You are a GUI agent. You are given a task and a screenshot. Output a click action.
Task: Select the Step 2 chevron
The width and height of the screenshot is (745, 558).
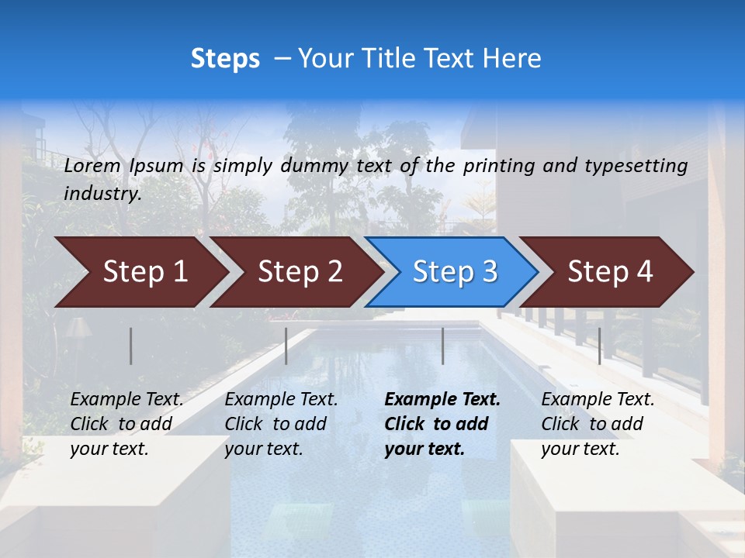(x=299, y=272)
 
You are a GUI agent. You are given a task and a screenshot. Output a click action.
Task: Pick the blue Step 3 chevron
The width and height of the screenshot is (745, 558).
(x=454, y=272)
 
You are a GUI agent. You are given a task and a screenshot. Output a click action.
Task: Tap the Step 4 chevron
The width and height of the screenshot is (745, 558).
(x=609, y=272)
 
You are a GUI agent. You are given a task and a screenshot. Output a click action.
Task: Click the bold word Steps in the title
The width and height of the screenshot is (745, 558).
(x=225, y=59)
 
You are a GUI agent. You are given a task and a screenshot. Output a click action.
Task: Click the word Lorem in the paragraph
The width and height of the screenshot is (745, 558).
(x=92, y=165)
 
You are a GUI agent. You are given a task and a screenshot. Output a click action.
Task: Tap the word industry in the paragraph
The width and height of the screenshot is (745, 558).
(x=102, y=194)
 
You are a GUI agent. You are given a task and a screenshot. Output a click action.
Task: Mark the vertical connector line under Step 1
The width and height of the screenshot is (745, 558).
(x=131, y=346)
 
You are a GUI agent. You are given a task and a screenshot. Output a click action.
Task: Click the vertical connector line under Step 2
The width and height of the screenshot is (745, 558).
(x=286, y=346)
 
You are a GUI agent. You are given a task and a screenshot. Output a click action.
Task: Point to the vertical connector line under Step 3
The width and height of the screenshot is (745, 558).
(x=442, y=346)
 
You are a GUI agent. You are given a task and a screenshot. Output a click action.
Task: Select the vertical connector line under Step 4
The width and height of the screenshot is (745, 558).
(x=599, y=346)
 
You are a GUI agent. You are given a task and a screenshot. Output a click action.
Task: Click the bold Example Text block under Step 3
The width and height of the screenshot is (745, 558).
(x=442, y=424)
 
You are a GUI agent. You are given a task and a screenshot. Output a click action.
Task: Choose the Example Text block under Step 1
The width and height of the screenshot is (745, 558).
(x=126, y=424)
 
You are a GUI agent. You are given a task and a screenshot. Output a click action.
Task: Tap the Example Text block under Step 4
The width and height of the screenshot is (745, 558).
(x=598, y=424)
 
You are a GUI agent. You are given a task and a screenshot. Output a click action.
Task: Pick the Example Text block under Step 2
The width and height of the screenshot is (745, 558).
(x=281, y=424)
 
